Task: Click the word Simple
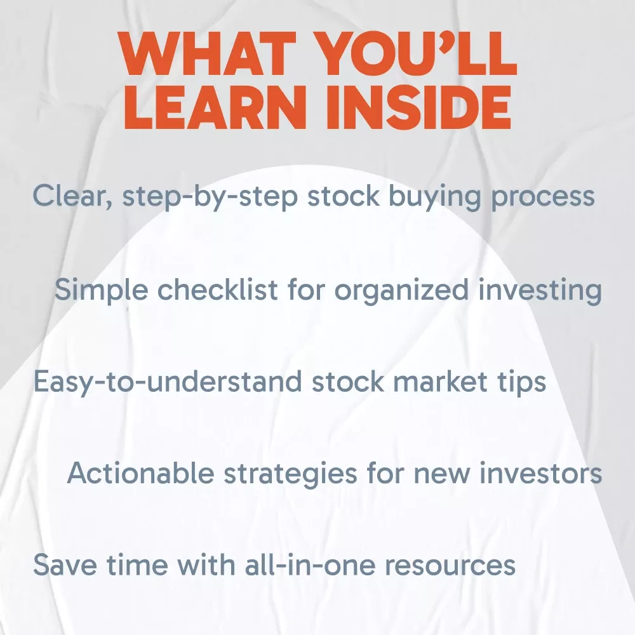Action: (x=101, y=290)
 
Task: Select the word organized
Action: (x=401, y=290)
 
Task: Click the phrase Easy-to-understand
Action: (x=168, y=382)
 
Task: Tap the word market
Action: (x=440, y=381)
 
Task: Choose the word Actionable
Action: (x=140, y=472)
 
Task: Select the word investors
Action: (x=540, y=473)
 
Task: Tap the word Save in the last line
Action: (x=65, y=565)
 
